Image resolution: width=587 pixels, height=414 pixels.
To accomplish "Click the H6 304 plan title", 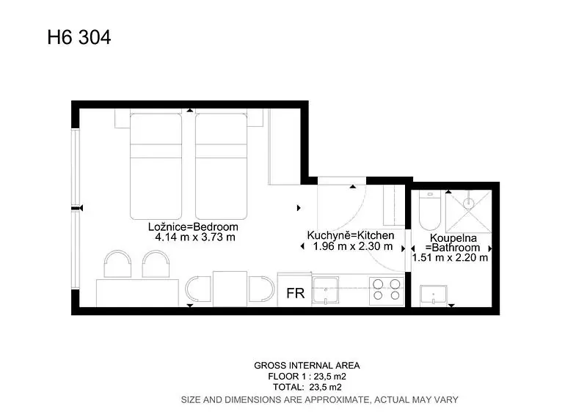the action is tap(79, 37).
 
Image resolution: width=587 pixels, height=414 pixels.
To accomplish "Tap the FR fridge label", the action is tap(296, 293).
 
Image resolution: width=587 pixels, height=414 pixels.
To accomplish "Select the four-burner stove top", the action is tap(387, 290).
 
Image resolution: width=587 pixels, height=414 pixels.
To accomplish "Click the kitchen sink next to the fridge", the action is tap(326, 291).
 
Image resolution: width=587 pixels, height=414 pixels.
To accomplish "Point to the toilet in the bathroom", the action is tap(430, 210).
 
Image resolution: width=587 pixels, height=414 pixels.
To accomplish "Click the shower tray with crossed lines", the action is tap(468, 211).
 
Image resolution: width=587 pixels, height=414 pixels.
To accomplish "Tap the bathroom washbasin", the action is tap(434, 295).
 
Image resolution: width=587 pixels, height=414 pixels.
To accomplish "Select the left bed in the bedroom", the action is tap(156, 166).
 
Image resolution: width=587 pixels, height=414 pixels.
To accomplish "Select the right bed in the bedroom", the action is tap(221, 166).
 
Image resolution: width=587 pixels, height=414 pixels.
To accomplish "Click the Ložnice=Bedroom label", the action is tap(193, 226).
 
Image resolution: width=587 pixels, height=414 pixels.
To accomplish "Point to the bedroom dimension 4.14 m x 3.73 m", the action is tap(195, 237).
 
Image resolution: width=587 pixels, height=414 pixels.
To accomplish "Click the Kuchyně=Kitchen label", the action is tap(351, 235).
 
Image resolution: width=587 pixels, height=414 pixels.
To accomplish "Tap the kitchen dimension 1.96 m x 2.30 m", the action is tap(353, 246).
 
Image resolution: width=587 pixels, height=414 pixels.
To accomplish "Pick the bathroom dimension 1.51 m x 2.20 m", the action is tap(450, 257).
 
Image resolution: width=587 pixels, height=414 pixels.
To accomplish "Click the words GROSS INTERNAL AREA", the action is tap(307, 366).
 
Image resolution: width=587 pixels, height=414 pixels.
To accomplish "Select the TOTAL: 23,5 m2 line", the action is tap(307, 387).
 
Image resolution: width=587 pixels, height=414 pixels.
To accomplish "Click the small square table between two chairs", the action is tap(230, 289).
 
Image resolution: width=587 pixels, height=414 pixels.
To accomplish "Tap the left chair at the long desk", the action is tap(117, 264).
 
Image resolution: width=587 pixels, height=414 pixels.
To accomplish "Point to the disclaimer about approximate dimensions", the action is tap(320, 400).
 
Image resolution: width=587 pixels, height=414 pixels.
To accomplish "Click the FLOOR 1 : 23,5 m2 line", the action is tap(307, 376).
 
